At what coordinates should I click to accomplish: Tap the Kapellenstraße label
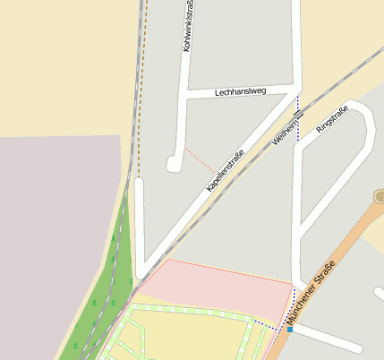[x=225, y=170]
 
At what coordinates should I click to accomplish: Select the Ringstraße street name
[x=331, y=121]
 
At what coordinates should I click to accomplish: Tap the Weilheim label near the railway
[x=286, y=134]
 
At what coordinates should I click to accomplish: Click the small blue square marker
[x=290, y=330]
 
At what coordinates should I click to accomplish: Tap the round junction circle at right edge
[x=380, y=196]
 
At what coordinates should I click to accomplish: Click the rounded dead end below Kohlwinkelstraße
[x=173, y=163]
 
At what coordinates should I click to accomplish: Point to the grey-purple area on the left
[x=54, y=233]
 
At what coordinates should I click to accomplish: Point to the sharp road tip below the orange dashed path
[x=140, y=269]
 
